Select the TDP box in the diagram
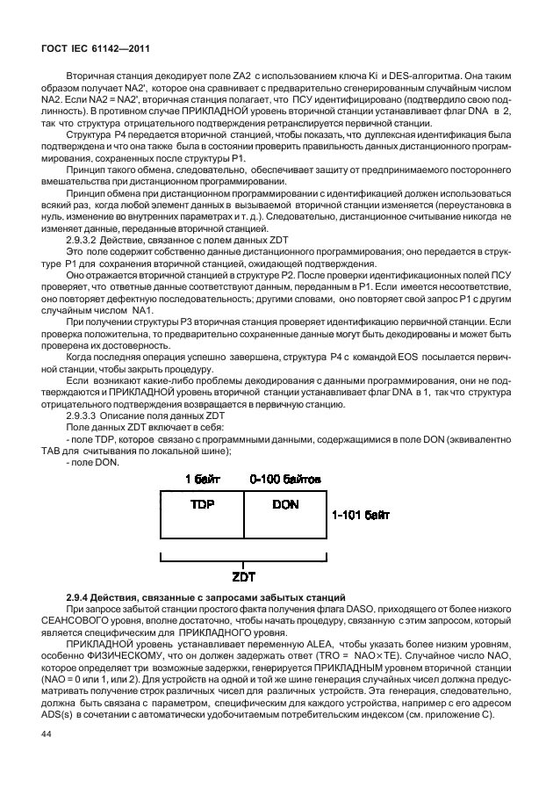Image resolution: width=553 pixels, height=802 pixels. pyautogui.click(x=202, y=506)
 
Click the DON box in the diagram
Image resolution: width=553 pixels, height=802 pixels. pyautogui.click(x=285, y=506)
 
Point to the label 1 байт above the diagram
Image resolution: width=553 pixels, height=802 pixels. pyautogui.click(x=201, y=479)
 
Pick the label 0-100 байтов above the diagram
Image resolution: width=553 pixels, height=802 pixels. pyautogui.click(x=285, y=479)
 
